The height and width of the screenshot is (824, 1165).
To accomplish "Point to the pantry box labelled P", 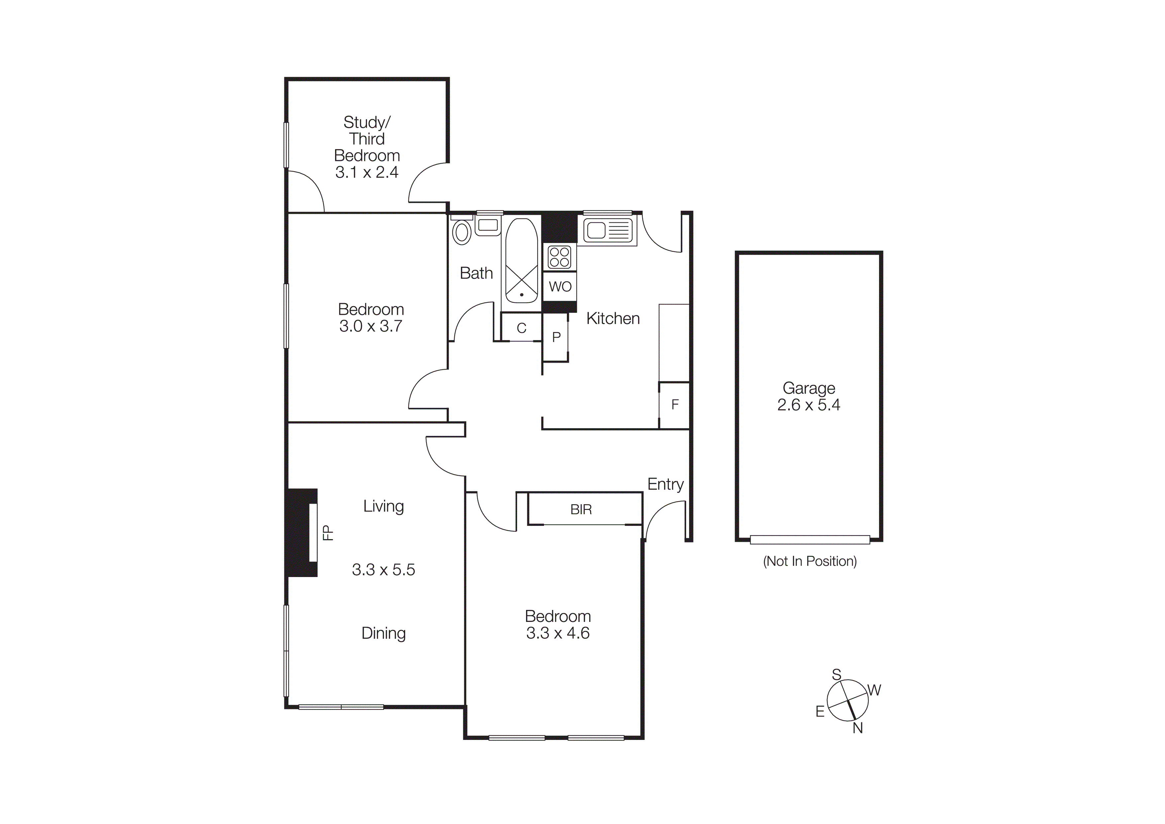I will click(556, 337).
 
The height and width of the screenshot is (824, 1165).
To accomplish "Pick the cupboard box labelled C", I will click(521, 328).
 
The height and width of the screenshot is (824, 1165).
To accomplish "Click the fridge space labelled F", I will click(675, 405).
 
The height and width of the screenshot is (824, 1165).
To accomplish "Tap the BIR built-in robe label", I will click(581, 509).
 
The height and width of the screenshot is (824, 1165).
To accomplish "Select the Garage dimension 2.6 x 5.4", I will click(808, 405).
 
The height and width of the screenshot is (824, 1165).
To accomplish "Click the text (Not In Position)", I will click(810, 561).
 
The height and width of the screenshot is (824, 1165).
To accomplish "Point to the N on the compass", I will click(857, 728).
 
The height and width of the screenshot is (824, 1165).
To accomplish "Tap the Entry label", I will click(665, 484).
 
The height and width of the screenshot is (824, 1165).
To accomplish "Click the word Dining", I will click(383, 633).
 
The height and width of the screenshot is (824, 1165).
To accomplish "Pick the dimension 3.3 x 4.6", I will click(558, 633).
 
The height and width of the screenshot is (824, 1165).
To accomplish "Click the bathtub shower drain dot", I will click(522, 294).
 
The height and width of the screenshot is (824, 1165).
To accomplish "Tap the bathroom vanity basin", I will click(488, 225).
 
